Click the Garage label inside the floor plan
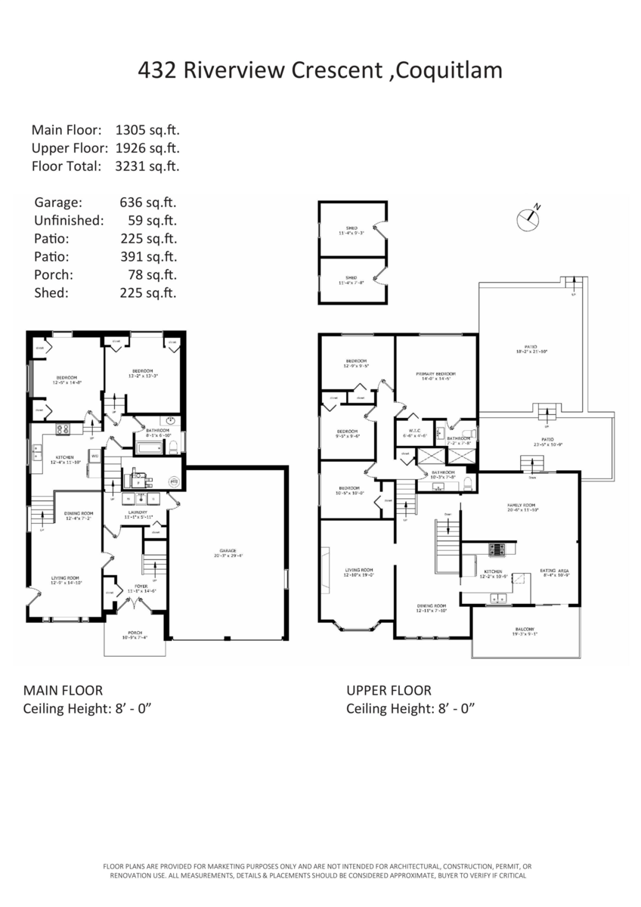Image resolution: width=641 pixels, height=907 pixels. click(228, 552)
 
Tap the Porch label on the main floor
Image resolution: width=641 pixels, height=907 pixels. click(135, 634)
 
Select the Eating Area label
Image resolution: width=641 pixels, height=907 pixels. click(554, 572)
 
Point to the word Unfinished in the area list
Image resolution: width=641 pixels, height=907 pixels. click(68, 221)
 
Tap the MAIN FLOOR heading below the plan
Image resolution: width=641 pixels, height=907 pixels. click(63, 690)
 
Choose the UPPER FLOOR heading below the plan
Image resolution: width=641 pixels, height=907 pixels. click(389, 690)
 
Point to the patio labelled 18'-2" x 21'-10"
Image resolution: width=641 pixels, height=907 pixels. click(531, 350)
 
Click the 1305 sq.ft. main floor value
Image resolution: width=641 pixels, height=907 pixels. click(147, 130)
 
